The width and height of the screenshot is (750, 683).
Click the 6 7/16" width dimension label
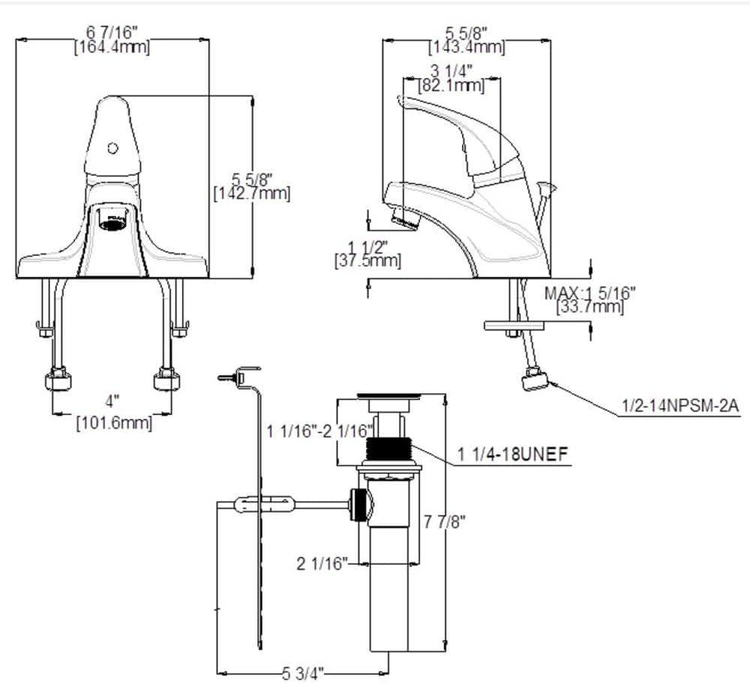click(112, 32)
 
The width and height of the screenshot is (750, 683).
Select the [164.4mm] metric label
click(112, 47)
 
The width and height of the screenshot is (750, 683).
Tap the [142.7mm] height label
click(252, 193)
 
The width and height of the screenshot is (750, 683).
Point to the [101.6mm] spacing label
click(114, 423)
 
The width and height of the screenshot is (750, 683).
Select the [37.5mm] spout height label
click(367, 260)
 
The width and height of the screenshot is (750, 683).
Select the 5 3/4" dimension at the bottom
click(304, 674)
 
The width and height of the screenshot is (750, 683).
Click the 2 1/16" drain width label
click(323, 563)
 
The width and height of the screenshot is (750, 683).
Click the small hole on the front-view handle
click(113, 148)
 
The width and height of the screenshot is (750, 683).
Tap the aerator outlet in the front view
click(113, 221)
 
